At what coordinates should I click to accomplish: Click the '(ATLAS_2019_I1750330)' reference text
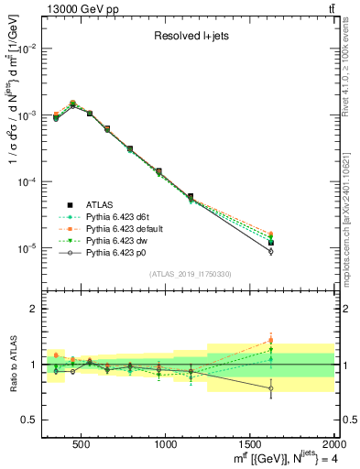point(188,273)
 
